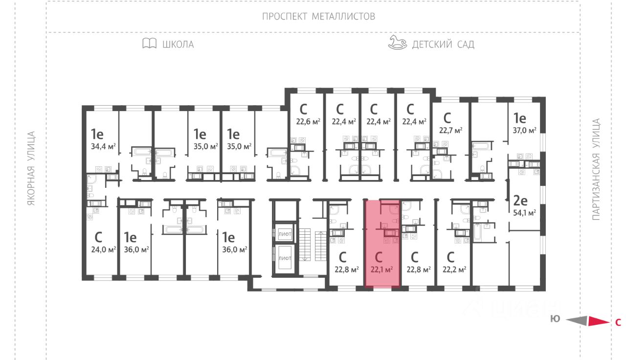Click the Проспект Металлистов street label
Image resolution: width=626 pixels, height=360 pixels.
tap(318, 16)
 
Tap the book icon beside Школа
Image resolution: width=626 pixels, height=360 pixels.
tap(149, 44)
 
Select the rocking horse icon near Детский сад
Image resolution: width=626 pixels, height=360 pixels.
tap(397, 43)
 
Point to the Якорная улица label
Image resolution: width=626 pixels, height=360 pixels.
tap(32, 168)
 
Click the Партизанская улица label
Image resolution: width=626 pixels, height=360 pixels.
tap(596, 169)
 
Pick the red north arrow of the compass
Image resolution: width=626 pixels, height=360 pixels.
tap(597, 321)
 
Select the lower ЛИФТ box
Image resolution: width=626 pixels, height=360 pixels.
tap(284, 258)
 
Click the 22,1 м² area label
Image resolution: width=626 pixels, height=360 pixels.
tap(382, 269)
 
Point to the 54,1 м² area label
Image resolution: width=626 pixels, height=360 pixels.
tap(525, 213)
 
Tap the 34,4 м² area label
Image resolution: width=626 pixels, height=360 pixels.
tap(103, 146)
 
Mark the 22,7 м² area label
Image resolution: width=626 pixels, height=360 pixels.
tap(450, 130)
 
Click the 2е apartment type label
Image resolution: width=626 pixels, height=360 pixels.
tap(519, 200)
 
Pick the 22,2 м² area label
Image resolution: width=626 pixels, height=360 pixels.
tap(454, 269)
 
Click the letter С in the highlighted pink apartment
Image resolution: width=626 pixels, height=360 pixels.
tap(379, 257)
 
